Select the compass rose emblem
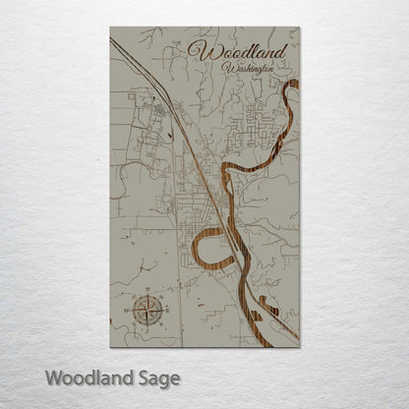pyautogui.click(x=148, y=310)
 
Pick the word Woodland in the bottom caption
pyautogui.click(x=91, y=378)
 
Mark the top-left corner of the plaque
pyautogui.click(x=110, y=28)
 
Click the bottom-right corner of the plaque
pyautogui.click(x=300, y=346)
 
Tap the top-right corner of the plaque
pyautogui.click(x=300, y=28)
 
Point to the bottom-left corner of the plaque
pyautogui.click(x=110, y=346)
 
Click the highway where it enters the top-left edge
pyautogui.click(x=113, y=41)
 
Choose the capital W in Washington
pyautogui.click(x=227, y=68)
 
